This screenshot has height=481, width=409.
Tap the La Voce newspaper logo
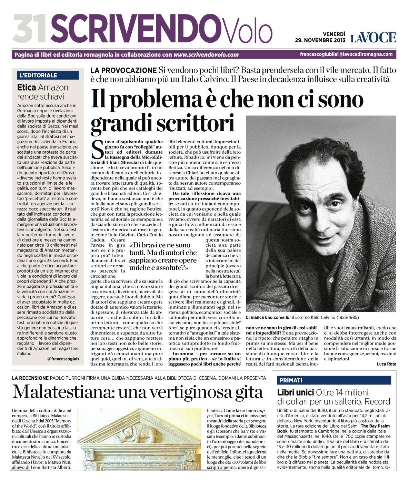pyautogui.click(x=373, y=37)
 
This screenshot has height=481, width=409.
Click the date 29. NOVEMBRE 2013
pyautogui.click(x=320, y=40)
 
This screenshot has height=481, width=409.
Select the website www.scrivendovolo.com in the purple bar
pyautogui.click(x=206, y=54)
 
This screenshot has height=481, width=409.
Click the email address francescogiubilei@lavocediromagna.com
pyautogui.click(x=346, y=54)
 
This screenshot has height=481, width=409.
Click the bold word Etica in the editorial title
pyautogui.click(x=27, y=88)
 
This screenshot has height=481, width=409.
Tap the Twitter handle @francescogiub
pyautogui.click(x=66, y=359)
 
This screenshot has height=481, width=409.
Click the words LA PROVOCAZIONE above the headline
pyautogui.click(x=123, y=70)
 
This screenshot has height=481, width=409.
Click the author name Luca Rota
pyautogui.click(x=387, y=364)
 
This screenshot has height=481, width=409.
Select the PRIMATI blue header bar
pyautogui.click(x=334, y=380)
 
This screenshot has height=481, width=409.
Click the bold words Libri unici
pyautogui.click(x=295, y=392)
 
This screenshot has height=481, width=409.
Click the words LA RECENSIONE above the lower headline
pyautogui.click(x=30, y=378)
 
